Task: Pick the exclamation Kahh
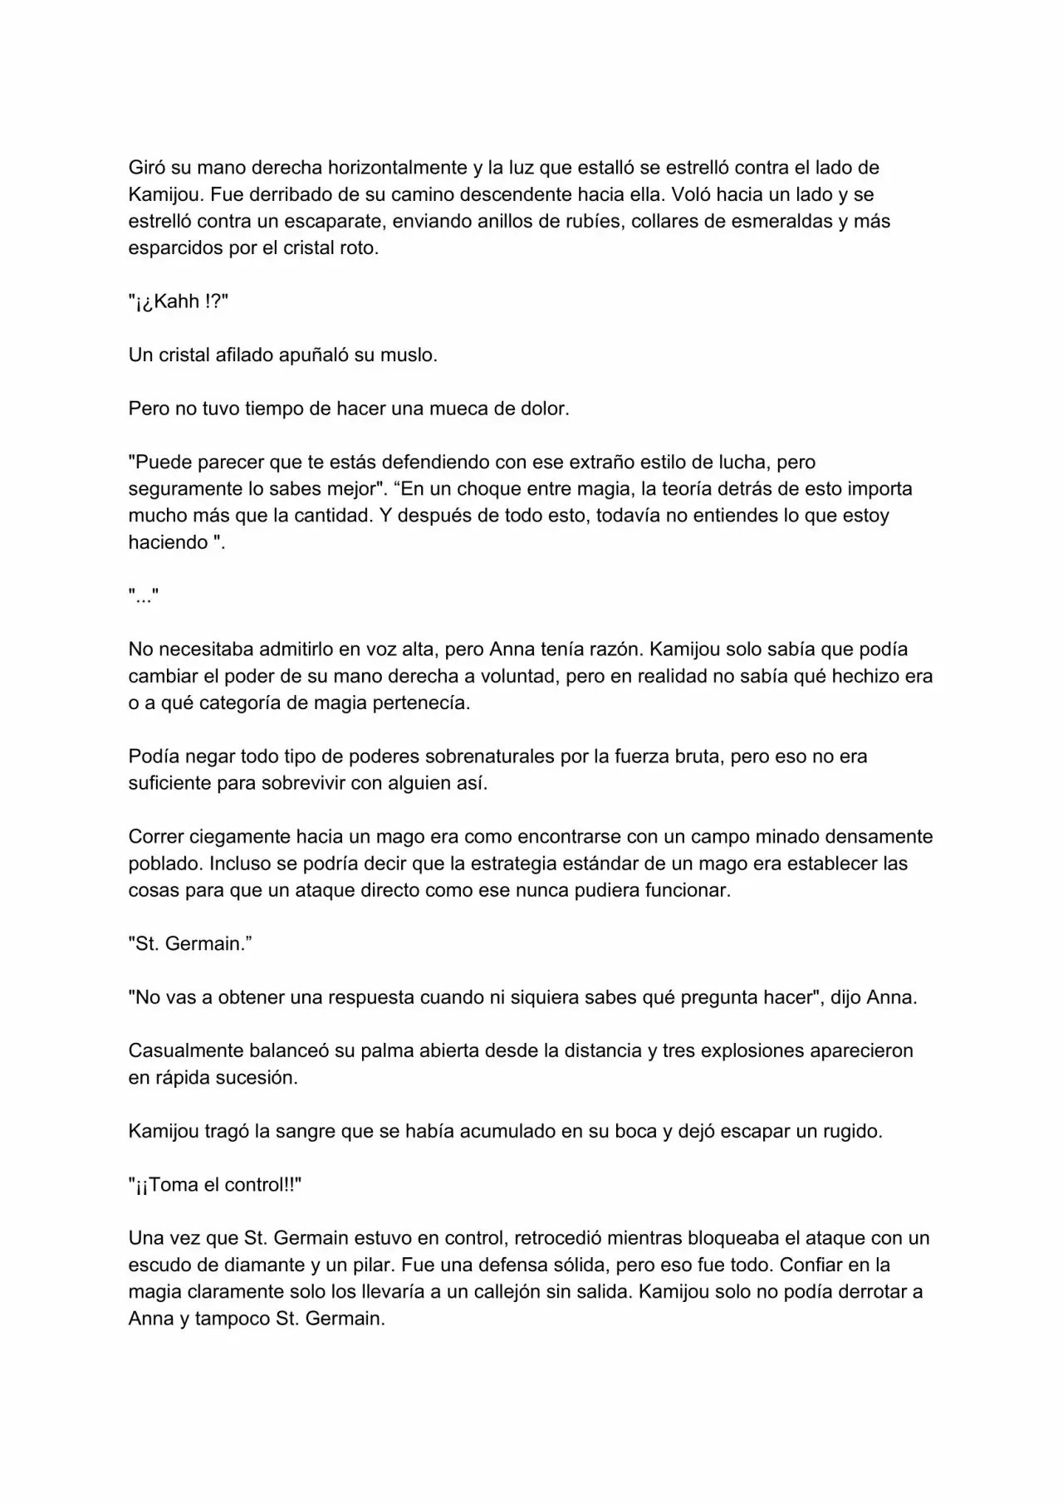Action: (176, 301)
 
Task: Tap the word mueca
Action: (460, 409)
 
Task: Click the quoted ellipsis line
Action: (144, 596)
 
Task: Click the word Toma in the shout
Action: (174, 1185)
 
